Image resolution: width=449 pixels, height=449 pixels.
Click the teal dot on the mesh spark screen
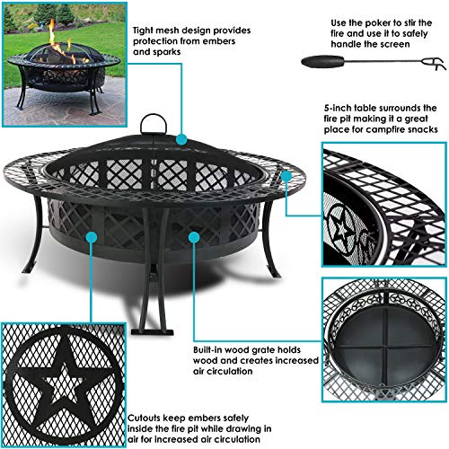coord(180,140)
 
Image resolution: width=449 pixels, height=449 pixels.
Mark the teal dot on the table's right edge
coord(286,189)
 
